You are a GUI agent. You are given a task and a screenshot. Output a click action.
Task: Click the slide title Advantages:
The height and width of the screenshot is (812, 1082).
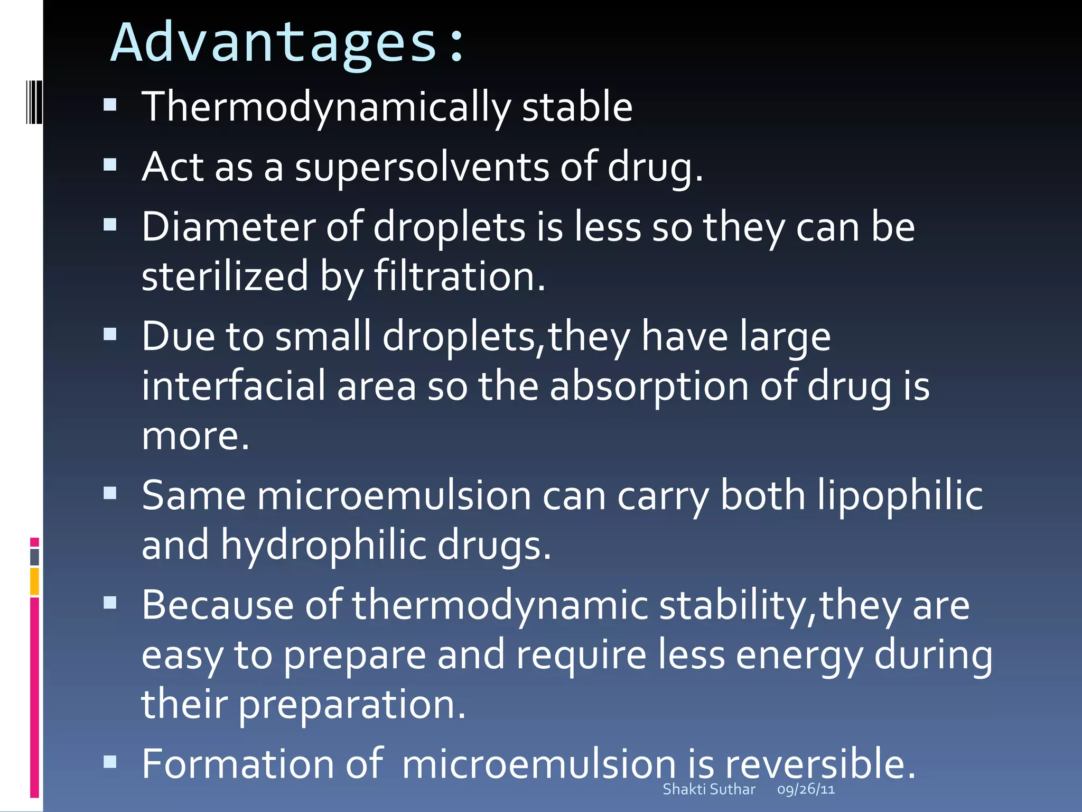[288, 43]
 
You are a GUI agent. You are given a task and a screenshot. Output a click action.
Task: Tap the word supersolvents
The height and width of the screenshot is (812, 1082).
[422, 167]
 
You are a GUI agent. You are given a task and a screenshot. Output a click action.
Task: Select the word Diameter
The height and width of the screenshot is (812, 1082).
[228, 227]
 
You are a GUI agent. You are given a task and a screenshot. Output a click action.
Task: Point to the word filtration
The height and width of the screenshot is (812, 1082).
[459, 276]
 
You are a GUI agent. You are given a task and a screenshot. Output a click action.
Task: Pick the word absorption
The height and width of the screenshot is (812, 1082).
[649, 386]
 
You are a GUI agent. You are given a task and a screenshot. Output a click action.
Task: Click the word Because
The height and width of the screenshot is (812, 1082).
[217, 605]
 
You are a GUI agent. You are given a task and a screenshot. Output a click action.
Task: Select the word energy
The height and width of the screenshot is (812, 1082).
[799, 656]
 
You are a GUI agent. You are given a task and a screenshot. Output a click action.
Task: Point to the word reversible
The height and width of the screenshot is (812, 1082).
[819, 764]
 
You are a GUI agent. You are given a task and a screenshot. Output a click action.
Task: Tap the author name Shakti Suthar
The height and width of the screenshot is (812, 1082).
[708, 789]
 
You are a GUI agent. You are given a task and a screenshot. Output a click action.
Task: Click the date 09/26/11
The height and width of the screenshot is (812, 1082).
[806, 789]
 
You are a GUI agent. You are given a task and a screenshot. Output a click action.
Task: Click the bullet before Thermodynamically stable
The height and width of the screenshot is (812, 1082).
[110, 105]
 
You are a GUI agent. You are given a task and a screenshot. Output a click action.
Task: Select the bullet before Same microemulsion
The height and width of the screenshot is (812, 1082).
[110, 494]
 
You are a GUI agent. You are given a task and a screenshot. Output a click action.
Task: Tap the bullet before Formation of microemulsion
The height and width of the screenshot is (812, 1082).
[110, 762]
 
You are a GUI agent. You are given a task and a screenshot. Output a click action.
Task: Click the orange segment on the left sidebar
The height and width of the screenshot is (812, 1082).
[34, 582]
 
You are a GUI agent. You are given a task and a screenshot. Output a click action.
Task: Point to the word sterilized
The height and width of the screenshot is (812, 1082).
[225, 276]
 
